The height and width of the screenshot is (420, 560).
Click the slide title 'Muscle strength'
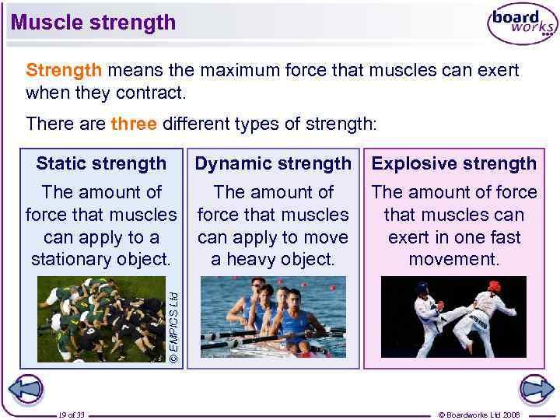click(x=93, y=22)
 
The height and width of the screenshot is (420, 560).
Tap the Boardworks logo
click(x=522, y=23)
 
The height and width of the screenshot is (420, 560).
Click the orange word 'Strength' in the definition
click(x=64, y=71)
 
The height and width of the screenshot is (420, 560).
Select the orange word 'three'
click(x=134, y=124)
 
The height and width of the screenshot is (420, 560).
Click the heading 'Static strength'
click(x=101, y=163)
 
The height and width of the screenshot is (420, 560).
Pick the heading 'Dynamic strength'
click(x=273, y=163)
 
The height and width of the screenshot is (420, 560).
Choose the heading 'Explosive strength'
click(x=454, y=163)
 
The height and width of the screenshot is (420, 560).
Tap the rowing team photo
click(x=273, y=317)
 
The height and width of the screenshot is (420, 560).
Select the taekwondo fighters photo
click(x=453, y=317)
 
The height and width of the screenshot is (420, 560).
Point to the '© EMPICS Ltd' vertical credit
click(x=175, y=326)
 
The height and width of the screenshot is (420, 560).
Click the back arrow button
click(x=26, y=389)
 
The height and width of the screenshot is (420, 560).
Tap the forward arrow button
click(x=536, y=389)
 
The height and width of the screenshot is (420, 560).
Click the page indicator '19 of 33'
click(x=72, y=415)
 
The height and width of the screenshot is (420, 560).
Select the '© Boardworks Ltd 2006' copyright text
click(x=478, y=415)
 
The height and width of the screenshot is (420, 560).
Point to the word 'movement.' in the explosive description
click(x=454, y=258)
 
